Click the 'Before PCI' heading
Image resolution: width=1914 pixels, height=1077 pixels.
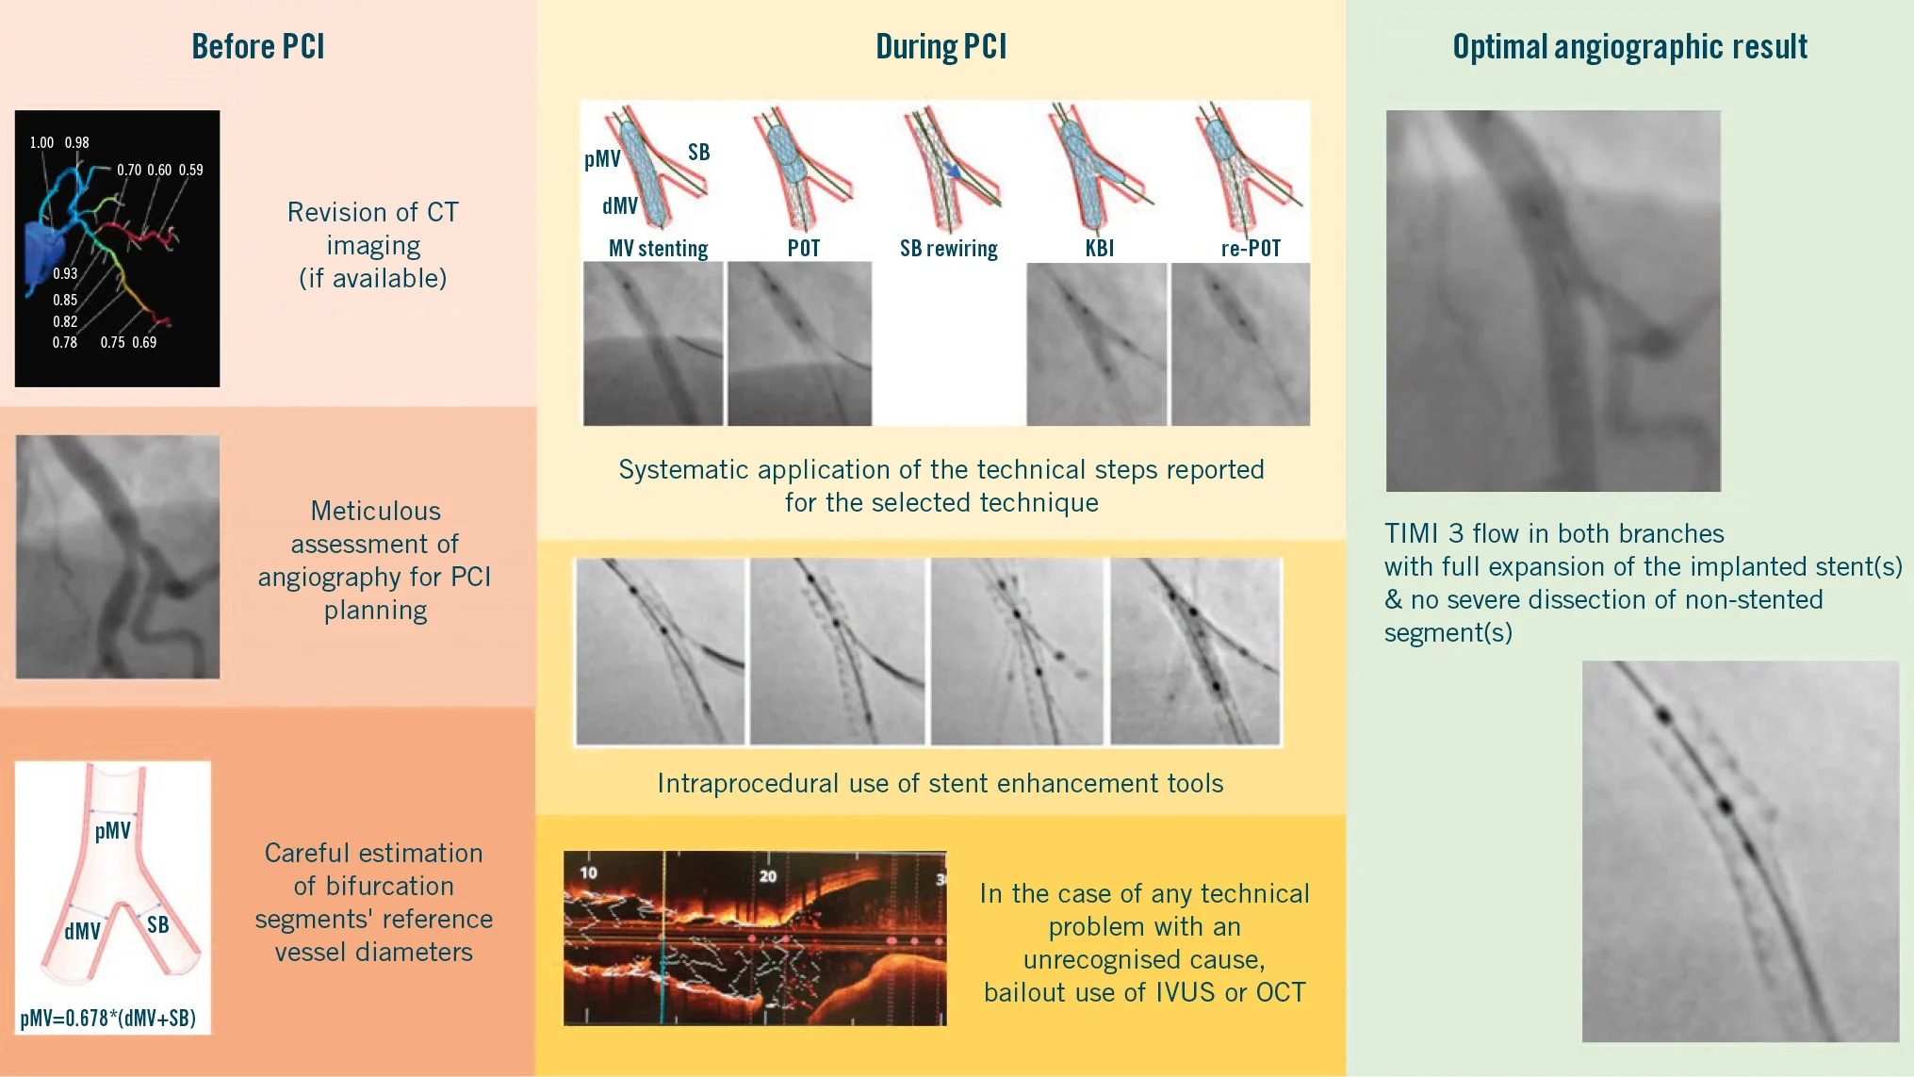[x=258, y=46]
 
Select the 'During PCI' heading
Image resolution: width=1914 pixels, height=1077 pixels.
[x=941, y=46]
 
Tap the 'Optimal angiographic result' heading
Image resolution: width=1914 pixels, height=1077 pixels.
[x=1629, y=46]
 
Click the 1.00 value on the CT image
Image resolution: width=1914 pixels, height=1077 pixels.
[x=41, y=142]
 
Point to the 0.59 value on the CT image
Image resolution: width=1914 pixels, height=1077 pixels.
[x=191, y=170]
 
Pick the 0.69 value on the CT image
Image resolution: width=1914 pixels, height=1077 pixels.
[x=144, y=342]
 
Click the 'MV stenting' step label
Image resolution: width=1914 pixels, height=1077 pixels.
[x=658, y=248]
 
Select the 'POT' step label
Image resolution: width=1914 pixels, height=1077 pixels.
[x=804, y=248]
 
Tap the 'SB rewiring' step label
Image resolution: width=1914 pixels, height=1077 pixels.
[x=948, y=248]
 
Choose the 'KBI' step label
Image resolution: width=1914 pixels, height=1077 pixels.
[x=1099, y=248]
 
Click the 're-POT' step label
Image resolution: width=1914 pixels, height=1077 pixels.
[x=1251, y=248]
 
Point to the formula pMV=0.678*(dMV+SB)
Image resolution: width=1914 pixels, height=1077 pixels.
[x=108, y=1018]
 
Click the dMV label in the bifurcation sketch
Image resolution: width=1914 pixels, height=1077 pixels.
[x=82, y=931]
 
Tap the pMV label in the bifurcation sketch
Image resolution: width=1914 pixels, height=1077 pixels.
[x=112, y=830]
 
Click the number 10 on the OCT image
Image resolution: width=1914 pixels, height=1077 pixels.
[x=588, y=873]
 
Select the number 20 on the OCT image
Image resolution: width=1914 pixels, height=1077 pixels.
[x=768, y=876]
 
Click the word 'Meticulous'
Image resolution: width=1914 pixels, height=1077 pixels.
[x=375, y=511]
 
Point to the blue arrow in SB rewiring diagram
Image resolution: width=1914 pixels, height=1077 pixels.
[x=953, y=171]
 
